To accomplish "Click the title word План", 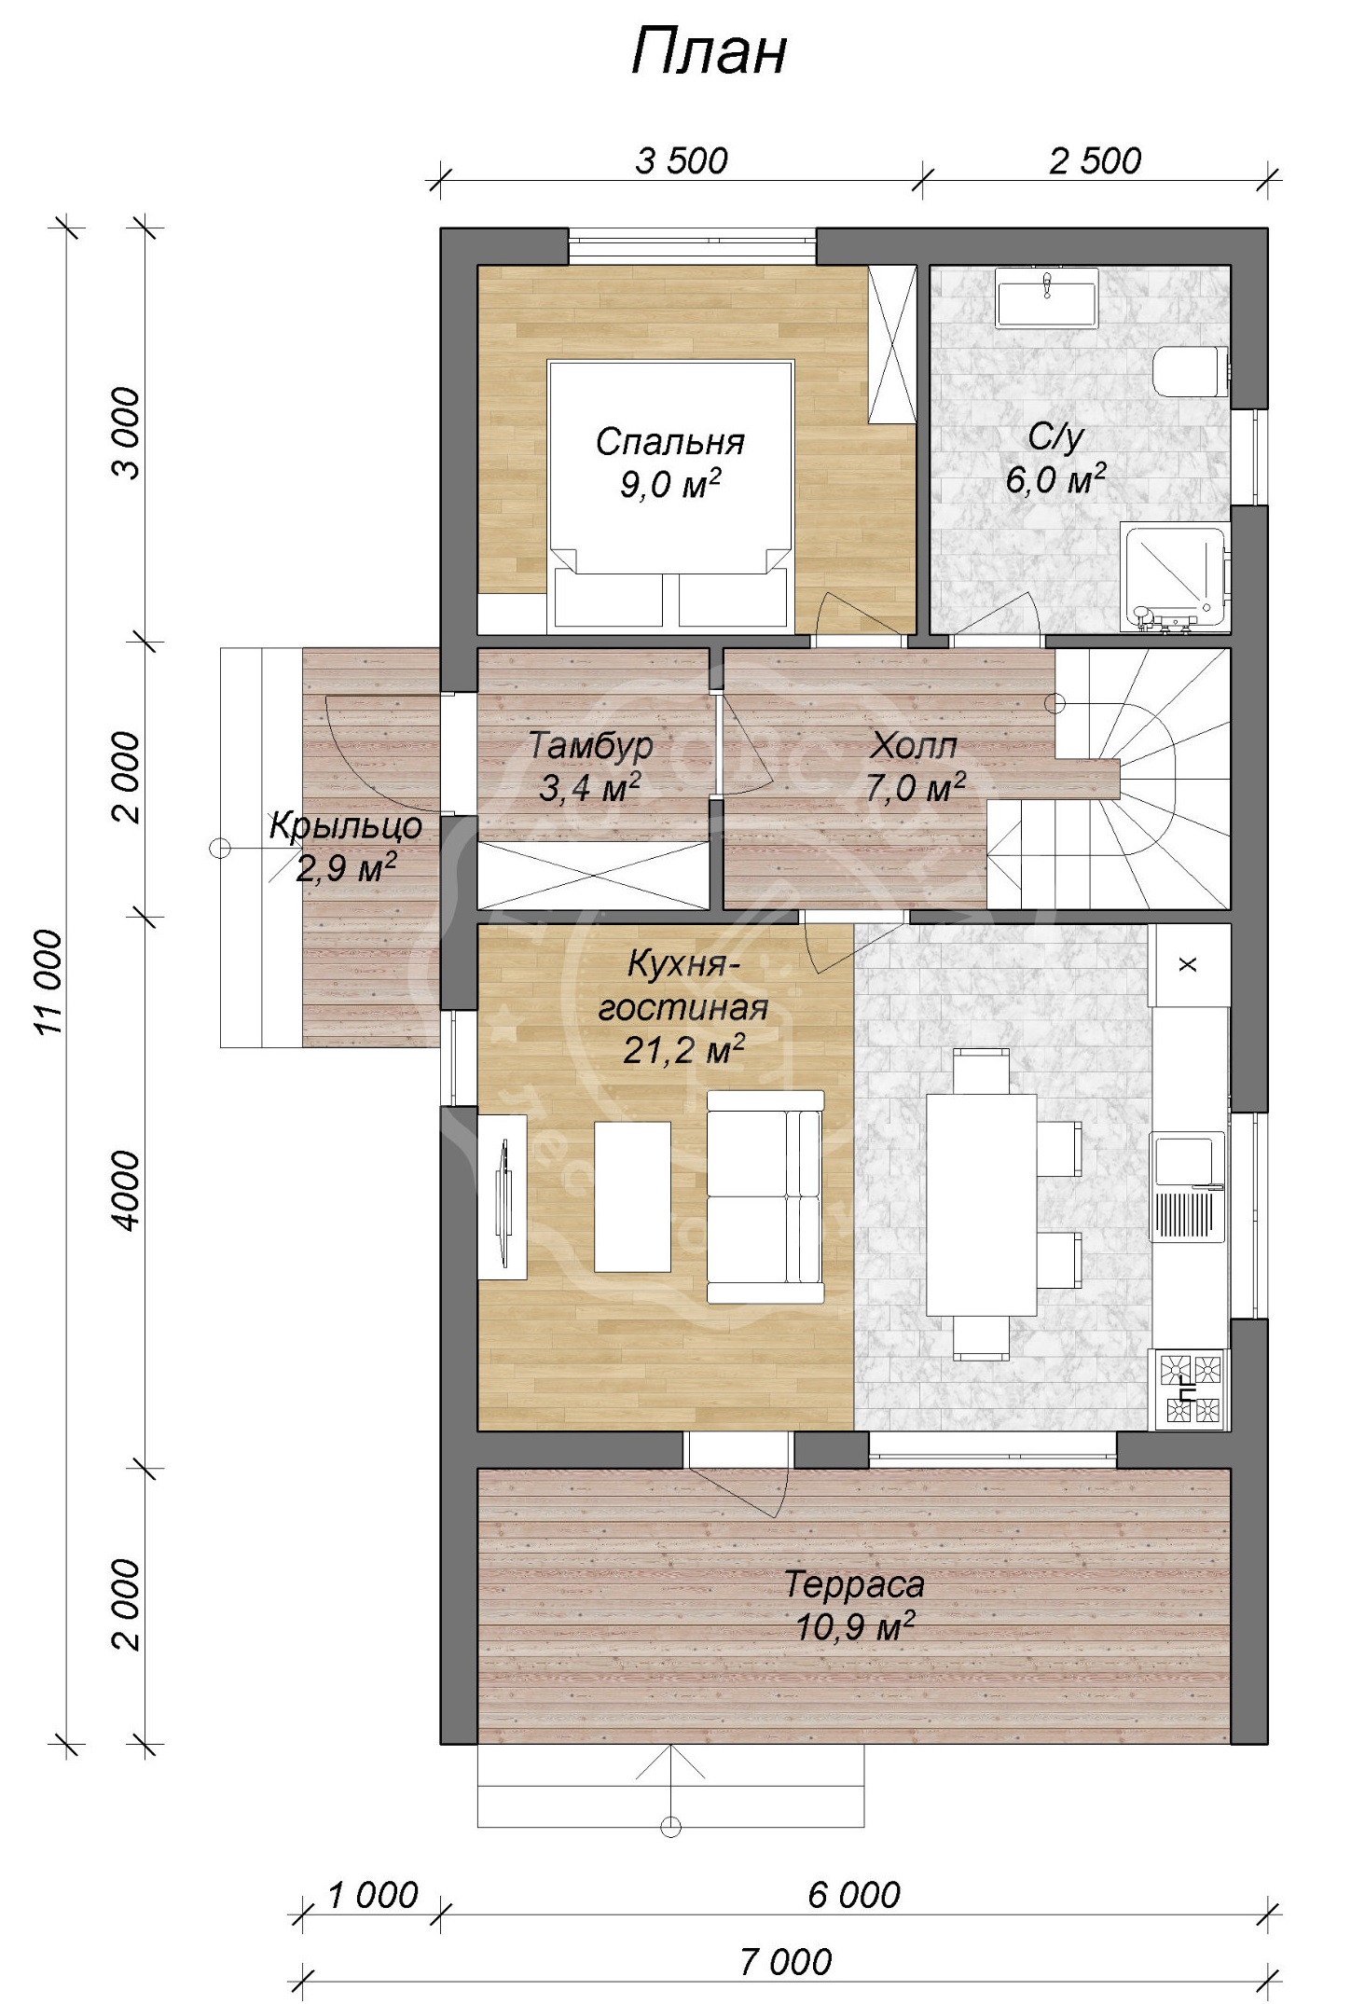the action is click(709, 52).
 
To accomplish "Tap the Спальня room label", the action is click(669, 441).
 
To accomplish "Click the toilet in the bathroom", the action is click(1191, 371).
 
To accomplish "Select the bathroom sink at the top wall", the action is click(1047, 297).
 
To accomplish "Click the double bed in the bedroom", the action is click(670, 494).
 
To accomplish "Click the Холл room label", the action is click(914, 746).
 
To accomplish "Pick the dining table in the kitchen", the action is click(981, 1204).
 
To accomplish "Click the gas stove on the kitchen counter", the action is click(1191, 1389).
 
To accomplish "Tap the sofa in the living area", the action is click(765, 1195).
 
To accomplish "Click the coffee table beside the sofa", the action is click(632, 1195).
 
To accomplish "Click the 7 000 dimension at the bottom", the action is click(785, 1962).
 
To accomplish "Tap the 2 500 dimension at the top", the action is click(1095, 161).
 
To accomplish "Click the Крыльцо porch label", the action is click(346, 825).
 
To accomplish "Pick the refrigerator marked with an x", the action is click(1189, 964).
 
